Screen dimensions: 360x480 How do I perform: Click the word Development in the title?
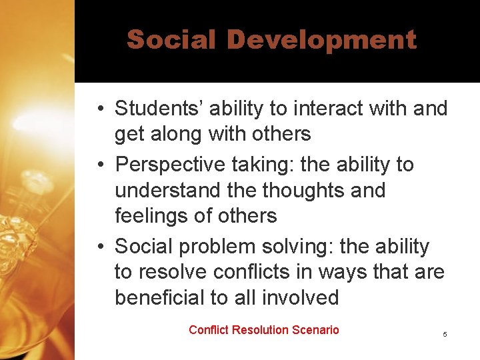point(321,40)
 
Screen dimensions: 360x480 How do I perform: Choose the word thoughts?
point(303,190)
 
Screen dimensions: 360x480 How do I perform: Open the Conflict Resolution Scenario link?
point(264,330)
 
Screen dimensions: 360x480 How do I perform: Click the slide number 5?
point(445,333)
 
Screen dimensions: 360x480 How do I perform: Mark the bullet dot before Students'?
point(98,109)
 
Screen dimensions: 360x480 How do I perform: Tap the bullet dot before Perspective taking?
point(98,165)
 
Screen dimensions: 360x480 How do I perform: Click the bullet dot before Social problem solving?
point(98,247)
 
